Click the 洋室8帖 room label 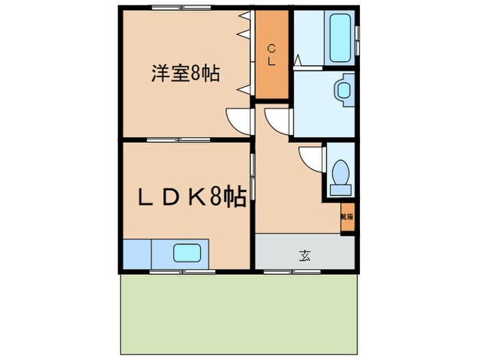coord(185,73)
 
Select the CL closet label coord(272,55)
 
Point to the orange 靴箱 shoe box coord(348,217)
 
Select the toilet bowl coord(339,173)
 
